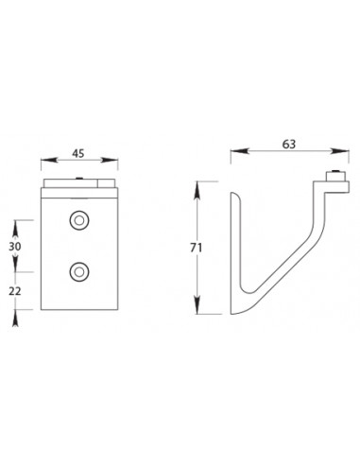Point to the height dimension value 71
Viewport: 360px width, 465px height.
pos(196,248)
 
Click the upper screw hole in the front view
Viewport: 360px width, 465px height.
pos(77,221)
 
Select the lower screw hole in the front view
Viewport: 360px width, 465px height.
pos(77,273)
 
